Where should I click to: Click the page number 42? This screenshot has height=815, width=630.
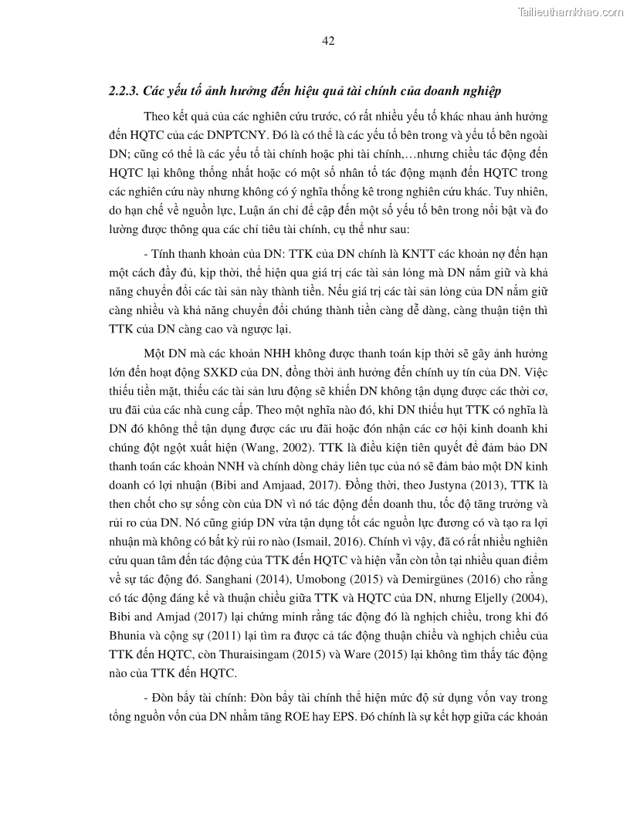tap(327, 41)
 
